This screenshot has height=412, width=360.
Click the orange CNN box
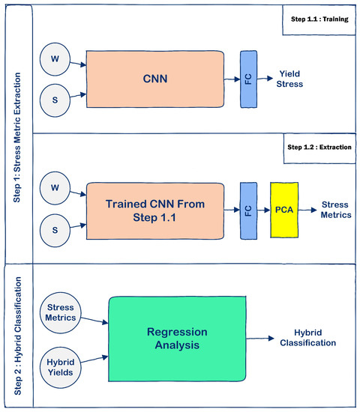point(154,77)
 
